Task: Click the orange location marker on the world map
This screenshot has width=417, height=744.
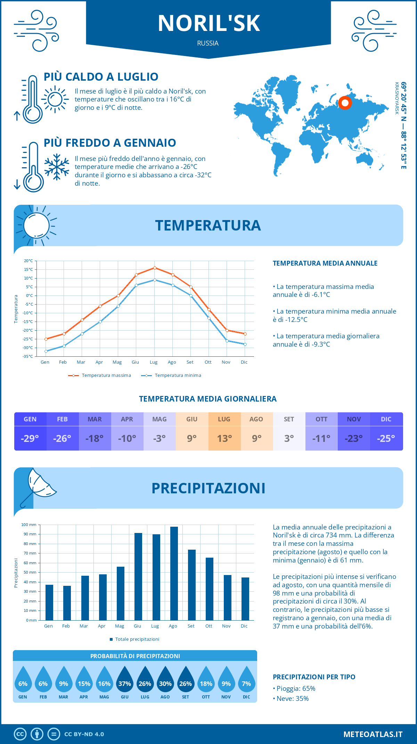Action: coord(345,103)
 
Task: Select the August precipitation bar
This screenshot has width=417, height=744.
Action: coord(174,573)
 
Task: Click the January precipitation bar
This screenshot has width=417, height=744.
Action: coord(49,602)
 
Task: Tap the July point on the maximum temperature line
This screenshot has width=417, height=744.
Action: coord(155,268)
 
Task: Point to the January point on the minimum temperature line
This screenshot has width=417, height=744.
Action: coord(46,351)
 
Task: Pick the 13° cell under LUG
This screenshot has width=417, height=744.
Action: coord(224,438)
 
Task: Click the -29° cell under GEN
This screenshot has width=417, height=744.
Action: coord(30,438)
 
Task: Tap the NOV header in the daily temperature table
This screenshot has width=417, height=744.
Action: coord(354,419)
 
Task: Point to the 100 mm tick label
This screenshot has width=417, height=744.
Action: coord(29,525)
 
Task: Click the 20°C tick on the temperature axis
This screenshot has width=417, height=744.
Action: coord(28,261)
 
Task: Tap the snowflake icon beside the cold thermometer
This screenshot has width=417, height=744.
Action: coord(57,167)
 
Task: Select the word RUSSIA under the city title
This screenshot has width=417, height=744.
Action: coord(208,43)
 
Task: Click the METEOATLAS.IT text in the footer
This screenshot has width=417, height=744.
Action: coord(373,734)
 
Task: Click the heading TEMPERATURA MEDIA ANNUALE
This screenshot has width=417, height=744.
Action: coord(325,263)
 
